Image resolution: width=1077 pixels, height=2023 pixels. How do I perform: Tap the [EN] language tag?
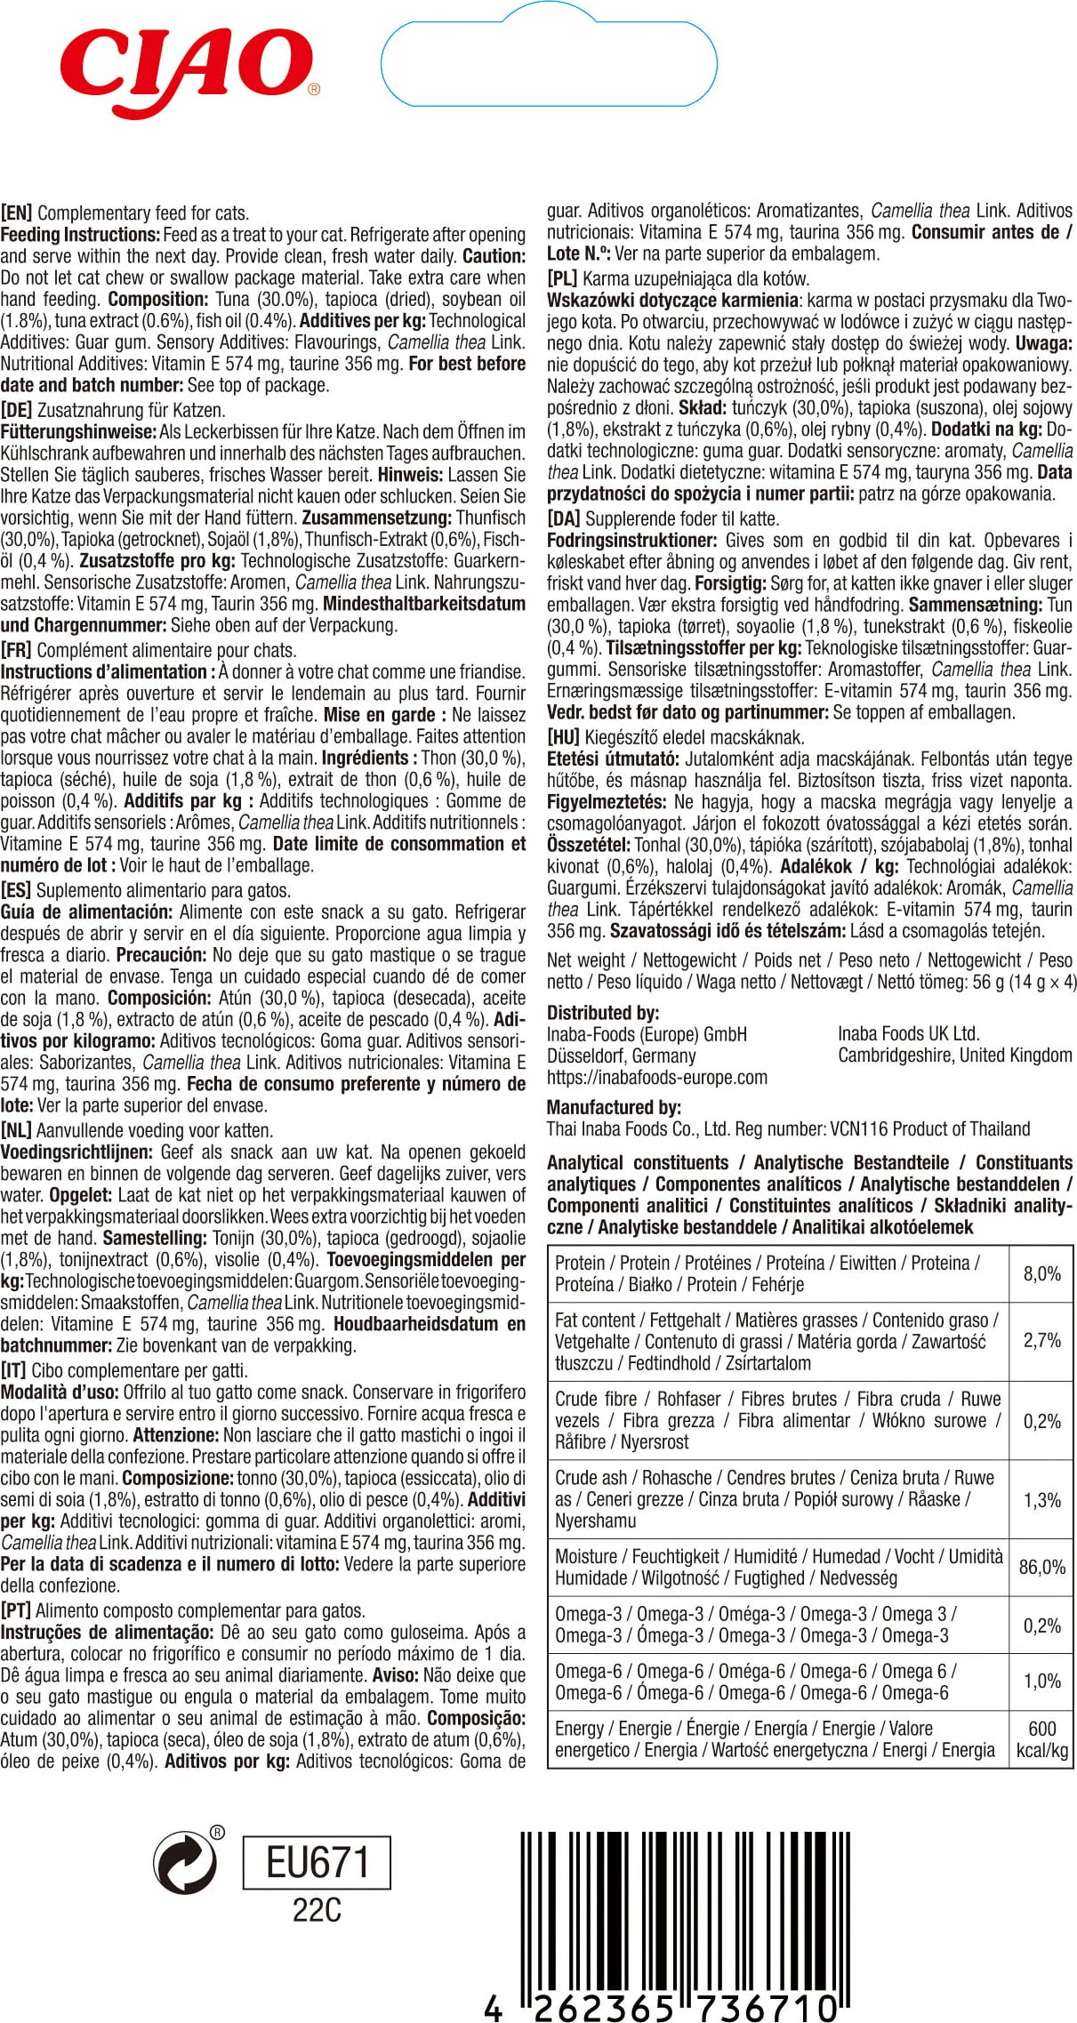(x=17, y=213)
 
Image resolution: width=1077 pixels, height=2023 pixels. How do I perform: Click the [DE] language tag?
(x=17, y=411)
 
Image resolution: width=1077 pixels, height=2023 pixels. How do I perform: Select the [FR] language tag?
(x=17, y=651)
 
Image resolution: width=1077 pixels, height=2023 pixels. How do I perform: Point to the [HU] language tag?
(x=563, y=737)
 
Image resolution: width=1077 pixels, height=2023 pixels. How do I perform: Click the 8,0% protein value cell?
(x=1041, y=1273)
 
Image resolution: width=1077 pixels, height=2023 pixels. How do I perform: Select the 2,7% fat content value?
(x=1041, y=1340)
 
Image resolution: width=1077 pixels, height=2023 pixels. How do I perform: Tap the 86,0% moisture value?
(x=1041, y=1567)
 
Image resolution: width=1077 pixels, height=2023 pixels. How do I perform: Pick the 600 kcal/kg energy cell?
(x=1041, y=1738)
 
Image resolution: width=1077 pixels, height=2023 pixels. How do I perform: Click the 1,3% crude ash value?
(x=1041, y=1499)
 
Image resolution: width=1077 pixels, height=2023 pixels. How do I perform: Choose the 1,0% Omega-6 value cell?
(x=1041, y=1681)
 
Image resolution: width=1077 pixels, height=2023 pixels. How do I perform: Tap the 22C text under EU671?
(x=317, y=1910)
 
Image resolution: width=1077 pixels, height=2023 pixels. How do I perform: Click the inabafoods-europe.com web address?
(x=656, y=1077)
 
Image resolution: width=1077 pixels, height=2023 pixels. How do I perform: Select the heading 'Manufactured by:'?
(x=614, y=1107)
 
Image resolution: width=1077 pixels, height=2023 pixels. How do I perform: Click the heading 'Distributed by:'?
(x=603, y=1013)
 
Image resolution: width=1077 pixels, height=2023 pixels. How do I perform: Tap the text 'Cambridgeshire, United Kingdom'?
(x=954, y=1056)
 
